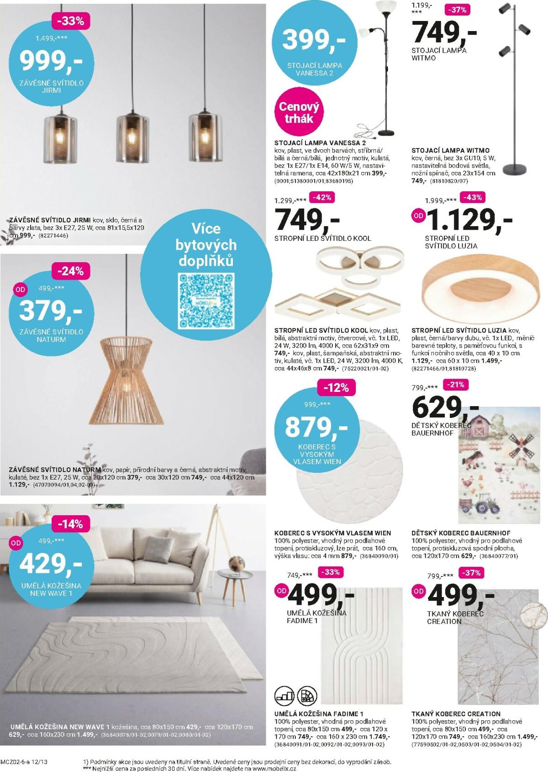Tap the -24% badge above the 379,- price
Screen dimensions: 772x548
[x=71, y=271]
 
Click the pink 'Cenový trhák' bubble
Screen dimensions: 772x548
[x=299, y=112]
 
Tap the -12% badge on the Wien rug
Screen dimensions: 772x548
[x=336, y=388]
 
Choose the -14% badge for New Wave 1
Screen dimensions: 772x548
[x=70, y=524]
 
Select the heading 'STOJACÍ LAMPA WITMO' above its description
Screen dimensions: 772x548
[x=450, y=150]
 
